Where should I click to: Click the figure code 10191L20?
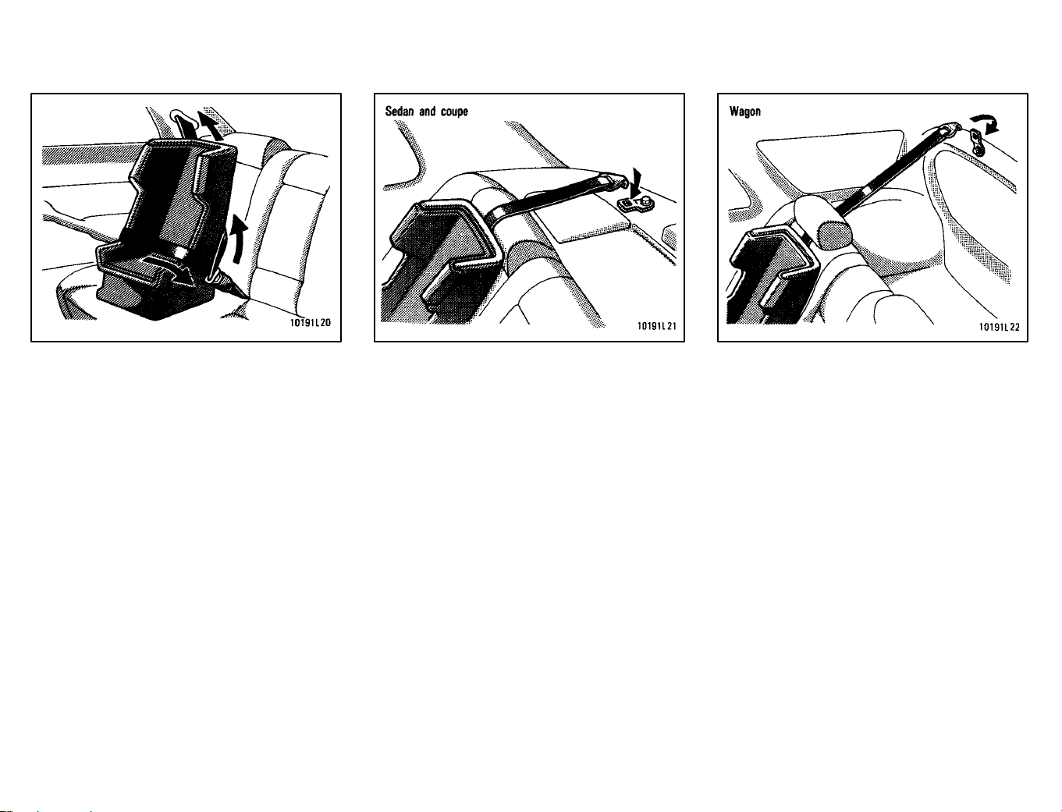[310, 323]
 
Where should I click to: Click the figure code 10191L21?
[656, 326]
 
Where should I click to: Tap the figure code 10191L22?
[1000, 327]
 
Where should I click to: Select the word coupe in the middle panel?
[454, 112]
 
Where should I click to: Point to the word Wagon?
[745, 112]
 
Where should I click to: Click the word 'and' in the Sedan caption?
[428, 112]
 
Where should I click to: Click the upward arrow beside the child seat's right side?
[239, 239]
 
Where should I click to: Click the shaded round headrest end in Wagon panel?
[835, 235]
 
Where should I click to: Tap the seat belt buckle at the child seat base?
[218, 279]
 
